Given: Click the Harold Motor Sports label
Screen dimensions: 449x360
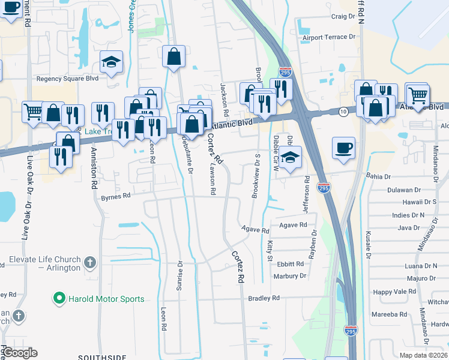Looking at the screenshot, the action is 106,299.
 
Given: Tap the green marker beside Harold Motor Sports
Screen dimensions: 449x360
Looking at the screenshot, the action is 59,298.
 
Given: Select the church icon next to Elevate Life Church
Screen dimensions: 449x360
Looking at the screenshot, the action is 89,262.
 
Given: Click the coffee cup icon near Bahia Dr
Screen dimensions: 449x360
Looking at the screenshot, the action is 343,148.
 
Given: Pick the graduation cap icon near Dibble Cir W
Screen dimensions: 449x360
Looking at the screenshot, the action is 290,158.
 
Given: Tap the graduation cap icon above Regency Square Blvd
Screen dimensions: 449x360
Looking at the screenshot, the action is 111,62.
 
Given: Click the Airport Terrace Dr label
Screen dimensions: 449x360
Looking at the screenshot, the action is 329,37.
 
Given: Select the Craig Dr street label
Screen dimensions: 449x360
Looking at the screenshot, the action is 343,17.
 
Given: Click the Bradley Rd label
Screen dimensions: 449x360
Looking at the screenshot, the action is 264,298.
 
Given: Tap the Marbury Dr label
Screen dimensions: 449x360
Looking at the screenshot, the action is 290,276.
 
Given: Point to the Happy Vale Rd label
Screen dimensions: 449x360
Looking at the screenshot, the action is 394,291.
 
